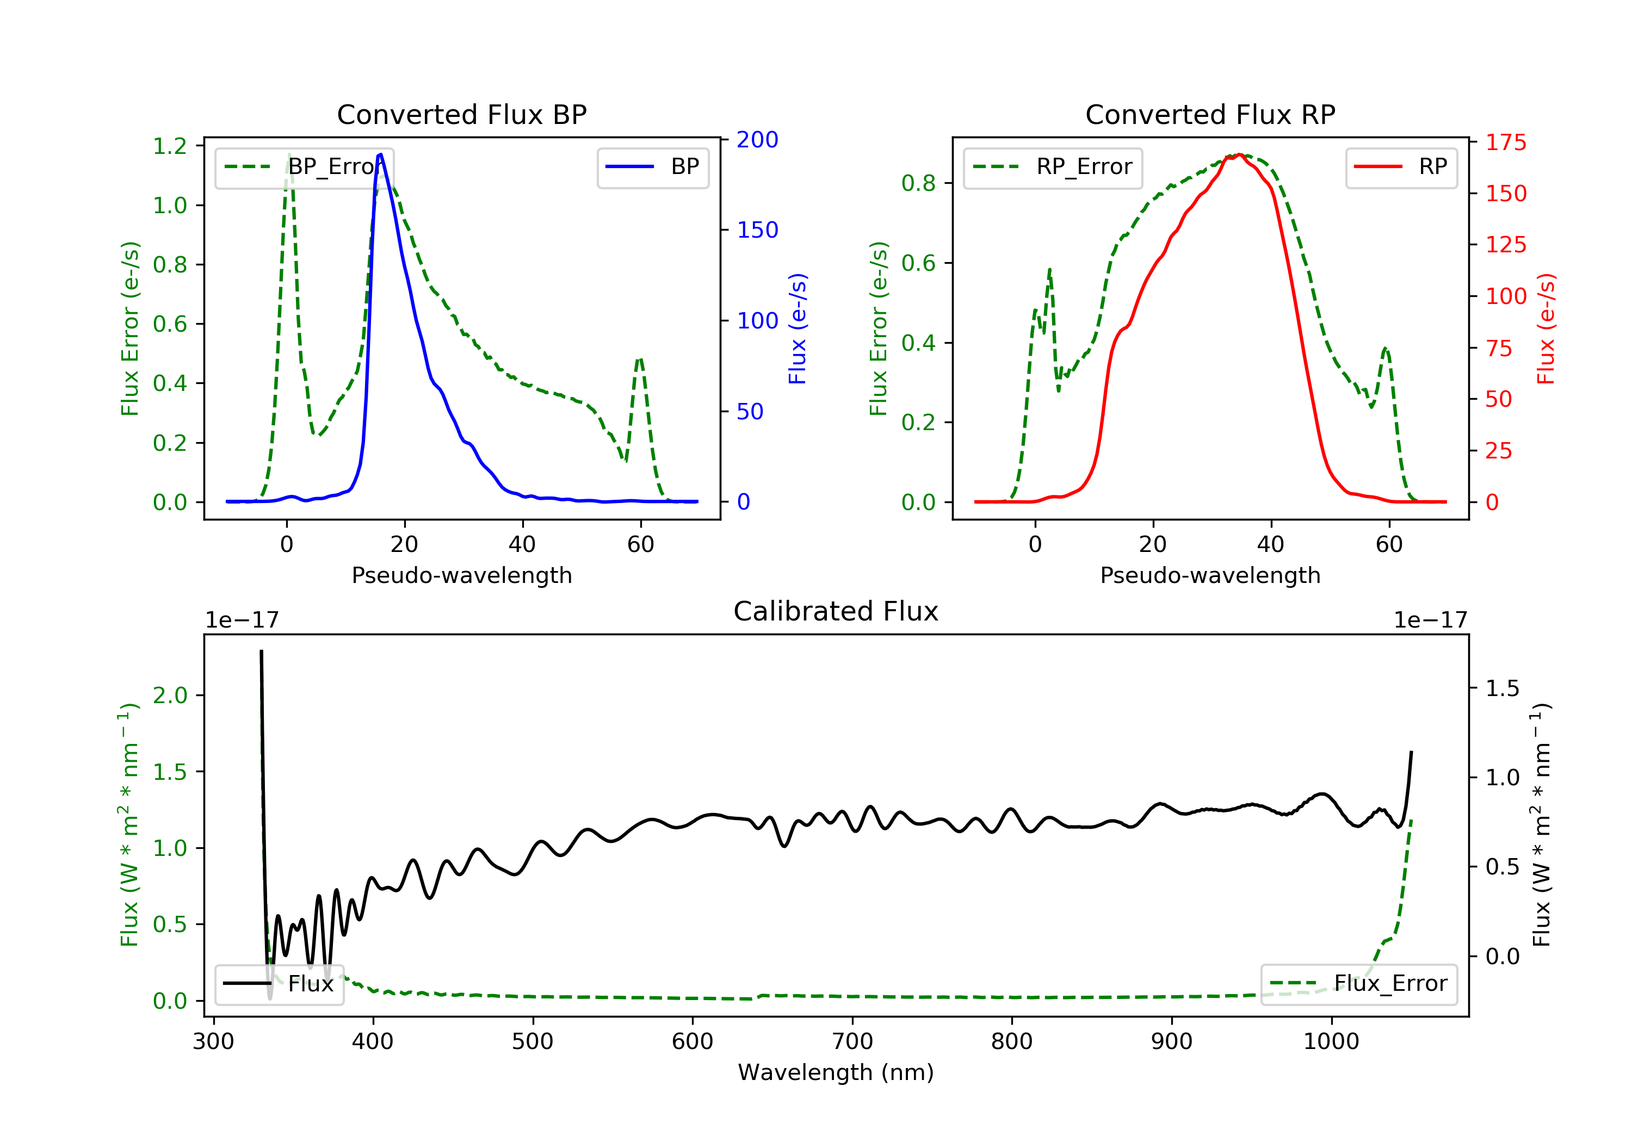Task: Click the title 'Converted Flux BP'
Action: point(461,114)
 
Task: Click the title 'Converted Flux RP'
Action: point(1210,114)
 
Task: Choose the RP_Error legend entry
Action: point(1053,167)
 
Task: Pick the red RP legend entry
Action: point(1401,167)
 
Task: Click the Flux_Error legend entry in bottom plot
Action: point(1358,984)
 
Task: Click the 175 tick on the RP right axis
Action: point(1505,143)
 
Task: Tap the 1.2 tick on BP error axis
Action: point(170,146)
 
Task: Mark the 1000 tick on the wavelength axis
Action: point(1331,1042)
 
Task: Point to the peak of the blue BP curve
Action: point(381,154)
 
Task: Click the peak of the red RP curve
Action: point(1239,155)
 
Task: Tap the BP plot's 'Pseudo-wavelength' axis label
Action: point(461,575)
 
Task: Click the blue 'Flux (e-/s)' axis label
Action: point(798,328)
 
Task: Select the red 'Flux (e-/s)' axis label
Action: point(1546,328)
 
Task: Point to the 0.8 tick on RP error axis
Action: point(918,183)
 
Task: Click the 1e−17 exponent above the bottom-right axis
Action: point(1430,620)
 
